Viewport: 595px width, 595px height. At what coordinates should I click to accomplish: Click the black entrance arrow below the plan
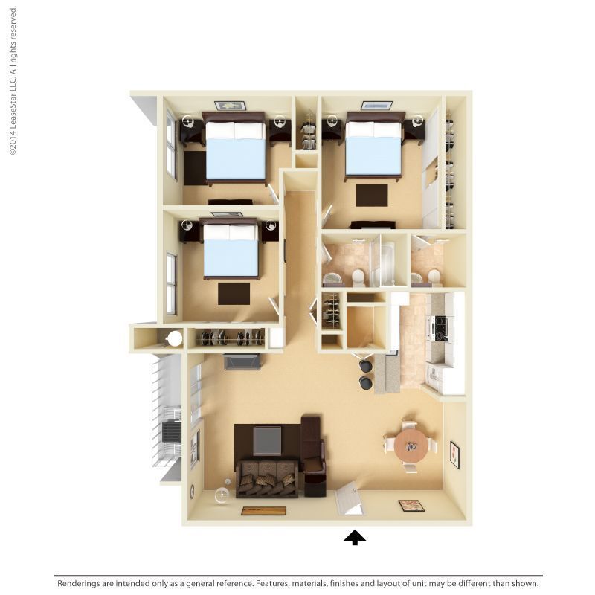[x=355, y=537]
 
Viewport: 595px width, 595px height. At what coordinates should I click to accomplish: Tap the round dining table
[x=411, y=446]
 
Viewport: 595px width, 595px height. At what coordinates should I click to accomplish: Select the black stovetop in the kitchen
[x=440, y=328]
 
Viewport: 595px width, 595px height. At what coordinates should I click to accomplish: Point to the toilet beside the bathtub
[x=358, y=277]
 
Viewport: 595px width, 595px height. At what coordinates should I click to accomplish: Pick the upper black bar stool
[x=366, y=365]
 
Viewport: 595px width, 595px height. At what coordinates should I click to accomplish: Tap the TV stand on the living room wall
[x=242, y=362]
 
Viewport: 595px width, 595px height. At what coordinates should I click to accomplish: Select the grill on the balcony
[x=171, y=431]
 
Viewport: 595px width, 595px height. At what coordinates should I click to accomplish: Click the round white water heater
[x=175, y=338]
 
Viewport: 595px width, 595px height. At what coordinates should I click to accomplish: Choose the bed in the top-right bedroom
[x=374, y=148]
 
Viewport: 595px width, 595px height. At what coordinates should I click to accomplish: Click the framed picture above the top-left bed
[x=230, y=106]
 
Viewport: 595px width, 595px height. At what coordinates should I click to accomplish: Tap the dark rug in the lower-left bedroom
[x=234, y=293]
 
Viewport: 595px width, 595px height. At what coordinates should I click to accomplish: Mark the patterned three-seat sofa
[x=267, y=480]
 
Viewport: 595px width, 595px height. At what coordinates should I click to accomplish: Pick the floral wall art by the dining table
[x=454, y=454]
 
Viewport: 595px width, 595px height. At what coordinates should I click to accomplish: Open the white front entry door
[x=349, y=499]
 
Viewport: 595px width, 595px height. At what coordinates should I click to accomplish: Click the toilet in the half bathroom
[x=434, y=276]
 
